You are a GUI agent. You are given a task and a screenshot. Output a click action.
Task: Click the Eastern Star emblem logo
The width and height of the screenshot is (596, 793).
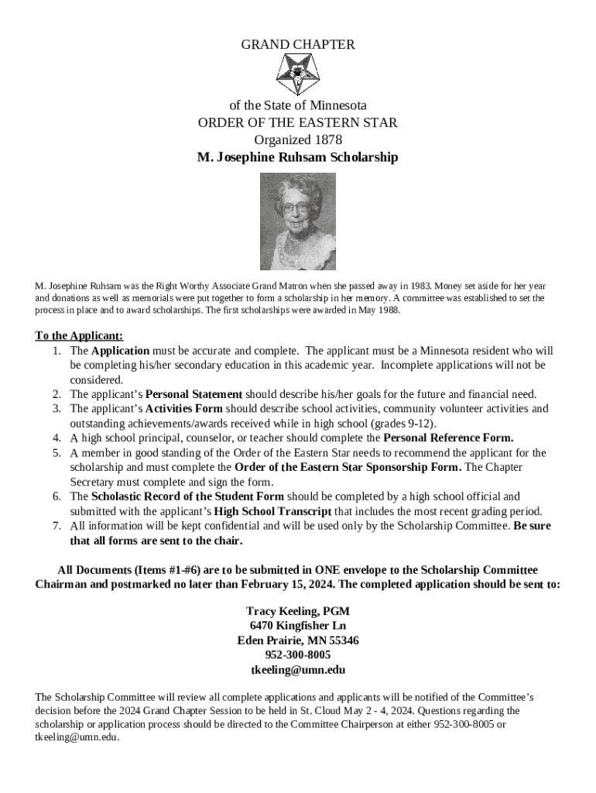pyautogui.click(x=298, y=75)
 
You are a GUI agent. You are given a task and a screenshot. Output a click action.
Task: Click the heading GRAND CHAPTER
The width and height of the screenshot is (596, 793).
pyautogui.click(x=298, y=45)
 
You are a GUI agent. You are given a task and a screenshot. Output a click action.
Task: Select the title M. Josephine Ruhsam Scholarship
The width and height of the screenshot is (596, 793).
pyautogui.click(x=298, y=158)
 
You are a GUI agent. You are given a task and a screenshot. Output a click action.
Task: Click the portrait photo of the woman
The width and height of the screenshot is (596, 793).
pyautogui.click(x=298, y=221)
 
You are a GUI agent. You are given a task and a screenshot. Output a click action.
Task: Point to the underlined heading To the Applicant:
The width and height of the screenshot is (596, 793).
pyautogui.click(x=79, y=336)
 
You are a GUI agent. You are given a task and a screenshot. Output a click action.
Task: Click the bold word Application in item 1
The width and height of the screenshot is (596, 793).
pyautogui.click(x=120, y=351)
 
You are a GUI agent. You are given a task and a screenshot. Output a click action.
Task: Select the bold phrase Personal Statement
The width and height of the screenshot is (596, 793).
pyautogui.click(x=194, y=394)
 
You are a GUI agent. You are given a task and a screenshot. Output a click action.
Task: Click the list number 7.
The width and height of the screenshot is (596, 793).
pyautogui.click(x=57, y=526)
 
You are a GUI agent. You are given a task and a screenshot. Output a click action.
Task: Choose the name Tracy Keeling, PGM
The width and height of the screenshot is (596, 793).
pyautogui.click(x=298, y=612)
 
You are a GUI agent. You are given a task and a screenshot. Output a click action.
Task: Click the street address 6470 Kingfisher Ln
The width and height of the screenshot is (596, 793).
pyautogui.click(x=298, y=626)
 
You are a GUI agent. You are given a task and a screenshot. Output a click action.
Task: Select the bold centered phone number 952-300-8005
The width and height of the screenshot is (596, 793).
pyautogui.click(x=298, y=655)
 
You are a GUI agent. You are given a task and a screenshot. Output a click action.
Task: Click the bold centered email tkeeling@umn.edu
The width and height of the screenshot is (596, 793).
pyautogui.click(x=298, y=670)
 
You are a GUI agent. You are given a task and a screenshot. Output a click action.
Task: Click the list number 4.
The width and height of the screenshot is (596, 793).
pyautogui.click(x=57, y=438)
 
